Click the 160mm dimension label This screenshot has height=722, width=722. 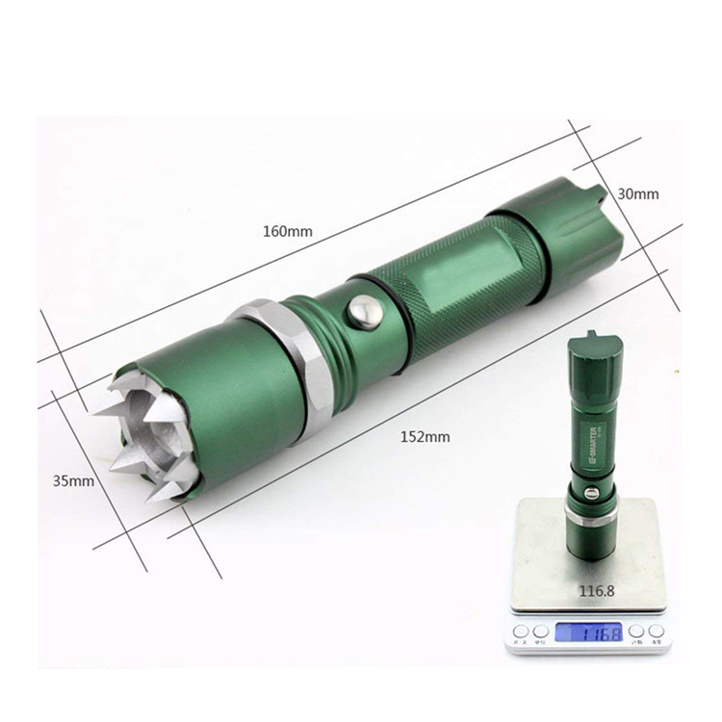pos(288,231)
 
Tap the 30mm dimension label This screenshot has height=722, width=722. pos(637,193)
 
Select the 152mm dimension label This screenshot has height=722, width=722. pos(425,436)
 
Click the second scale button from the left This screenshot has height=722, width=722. pos(541,632)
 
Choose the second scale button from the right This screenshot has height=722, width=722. pos(636,632)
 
